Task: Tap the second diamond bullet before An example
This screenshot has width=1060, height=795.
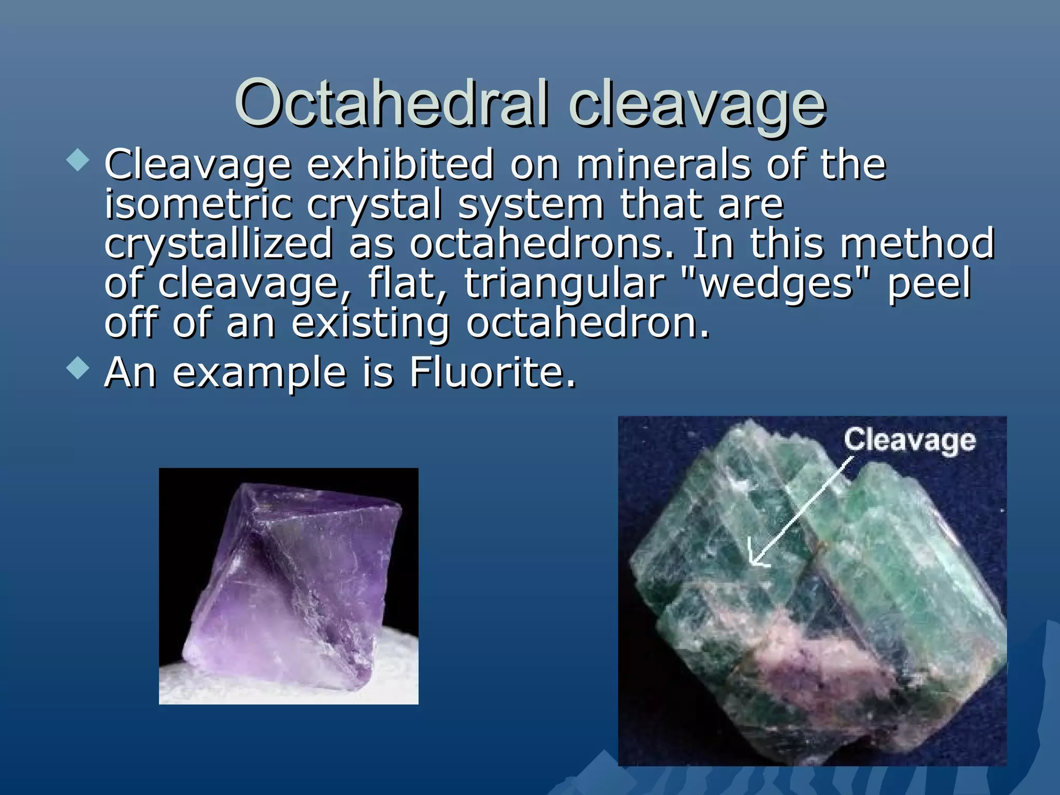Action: (78, 369)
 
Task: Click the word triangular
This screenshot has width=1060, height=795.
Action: (564, 284)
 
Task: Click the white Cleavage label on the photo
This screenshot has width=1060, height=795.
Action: (909, 440)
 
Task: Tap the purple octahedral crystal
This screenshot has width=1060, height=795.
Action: (295, 580)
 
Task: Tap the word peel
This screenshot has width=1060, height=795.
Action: (929, 284)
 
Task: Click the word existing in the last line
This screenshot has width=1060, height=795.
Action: (370, 324)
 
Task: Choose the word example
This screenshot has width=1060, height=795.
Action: (259, 373)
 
